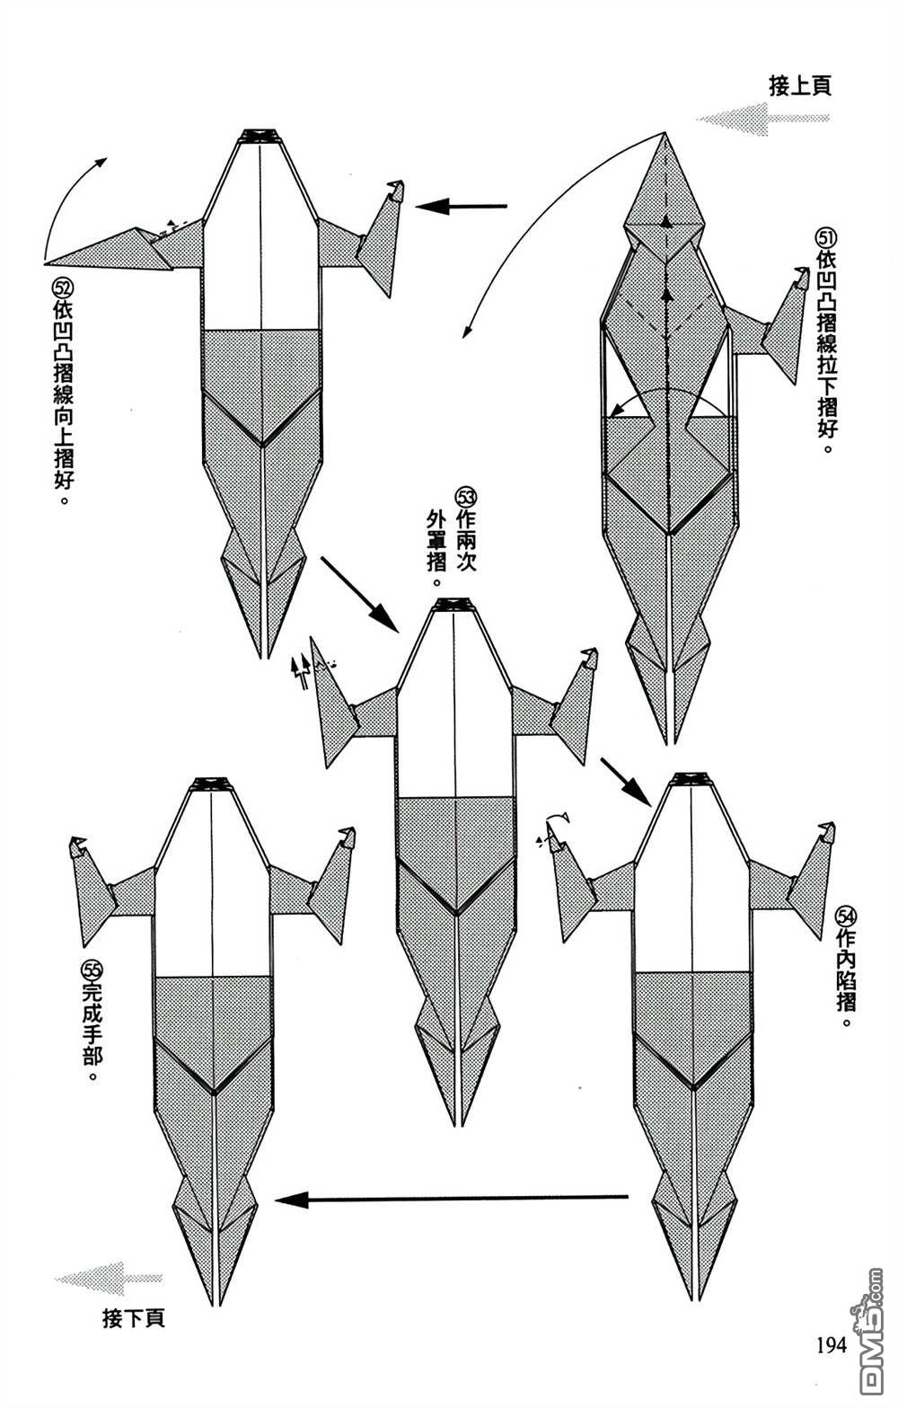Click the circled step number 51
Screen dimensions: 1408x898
pyautogui.click(x=825, y=238)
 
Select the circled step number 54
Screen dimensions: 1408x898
pyautogui.click(x=845, y=916)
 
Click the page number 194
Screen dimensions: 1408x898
pyautogui.click(x=832, y=1345)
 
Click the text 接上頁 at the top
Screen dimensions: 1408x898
pyautogui.click(x=799, y=86)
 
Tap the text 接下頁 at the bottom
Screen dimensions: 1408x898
pyautogui.click(x=134, y=1319)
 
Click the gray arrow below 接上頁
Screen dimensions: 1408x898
pyautogui.click(x=763, y=119)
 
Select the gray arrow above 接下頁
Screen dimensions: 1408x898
pyautogui.click(x=109, y=1278)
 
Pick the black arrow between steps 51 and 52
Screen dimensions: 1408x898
pyautogui.click(x=462, y=207)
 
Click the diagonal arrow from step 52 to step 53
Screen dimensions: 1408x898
pyautogui.click(x=358, y=593)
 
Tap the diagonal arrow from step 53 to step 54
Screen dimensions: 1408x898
pyautogui.click(x=624, y=781)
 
